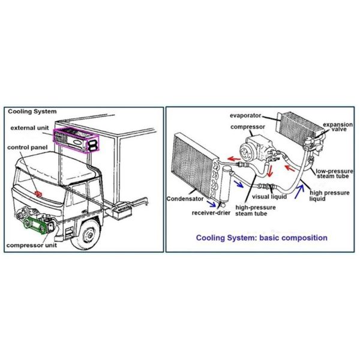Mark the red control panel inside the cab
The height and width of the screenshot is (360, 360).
point(39,193)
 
